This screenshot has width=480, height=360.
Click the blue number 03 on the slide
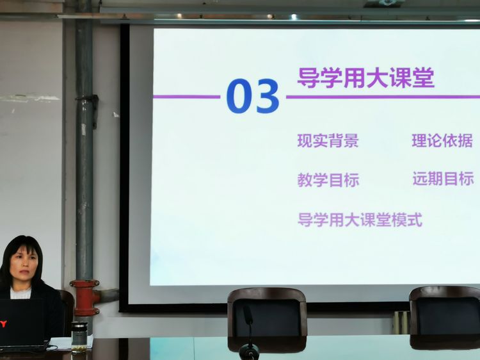pos(253,96)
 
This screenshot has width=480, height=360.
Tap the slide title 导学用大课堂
pos(366,78)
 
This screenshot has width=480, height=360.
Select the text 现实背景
pos(328,141)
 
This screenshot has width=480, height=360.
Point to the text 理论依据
pos(442,141)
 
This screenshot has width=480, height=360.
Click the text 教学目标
pos(328,180)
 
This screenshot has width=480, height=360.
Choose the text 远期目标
pos(444,179)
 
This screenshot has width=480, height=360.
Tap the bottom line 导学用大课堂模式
pos(360,220)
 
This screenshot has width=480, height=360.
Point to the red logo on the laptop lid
pos(3,323)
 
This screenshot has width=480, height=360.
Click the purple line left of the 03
pos(186,97)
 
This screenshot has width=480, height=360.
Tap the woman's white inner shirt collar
pos(21,293)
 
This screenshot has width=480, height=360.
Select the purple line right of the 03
pos(383,97)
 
